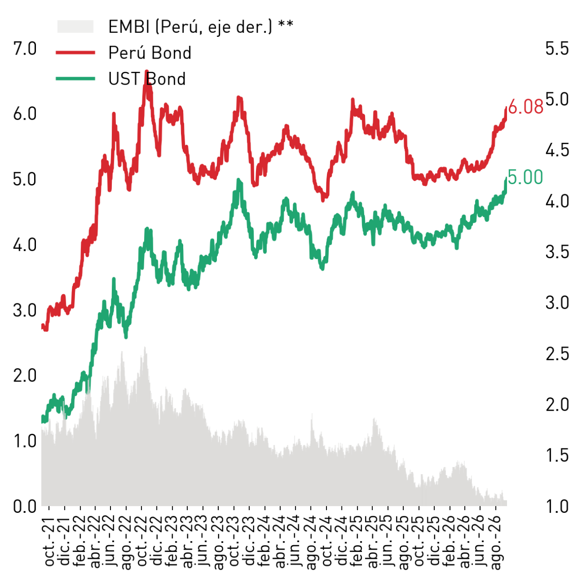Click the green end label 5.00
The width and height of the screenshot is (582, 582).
click(525, 177)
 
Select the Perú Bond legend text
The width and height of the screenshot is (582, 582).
click(150, 53)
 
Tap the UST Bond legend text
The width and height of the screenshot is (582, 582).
click(147, 79)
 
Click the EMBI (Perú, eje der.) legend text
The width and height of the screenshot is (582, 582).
click(201, 26)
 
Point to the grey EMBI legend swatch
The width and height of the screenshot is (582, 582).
click(75, 26)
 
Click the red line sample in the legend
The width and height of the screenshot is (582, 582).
click(75, 53)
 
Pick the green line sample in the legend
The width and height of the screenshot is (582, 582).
click(75, 79)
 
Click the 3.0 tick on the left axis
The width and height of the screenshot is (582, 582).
click(25, 310)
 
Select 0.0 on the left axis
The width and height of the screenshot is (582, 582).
click(25, 506)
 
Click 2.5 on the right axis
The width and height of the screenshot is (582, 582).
click(557, 354)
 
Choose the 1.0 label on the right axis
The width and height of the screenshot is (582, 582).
click(557, 506)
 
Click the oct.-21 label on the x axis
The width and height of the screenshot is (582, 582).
click(49, 542)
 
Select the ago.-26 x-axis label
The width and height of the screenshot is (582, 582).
click(496, 544)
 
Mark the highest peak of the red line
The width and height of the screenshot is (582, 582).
click(147, 71)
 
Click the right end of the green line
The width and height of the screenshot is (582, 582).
click(506, 179)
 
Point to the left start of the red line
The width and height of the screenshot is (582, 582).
click(42, 326)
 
